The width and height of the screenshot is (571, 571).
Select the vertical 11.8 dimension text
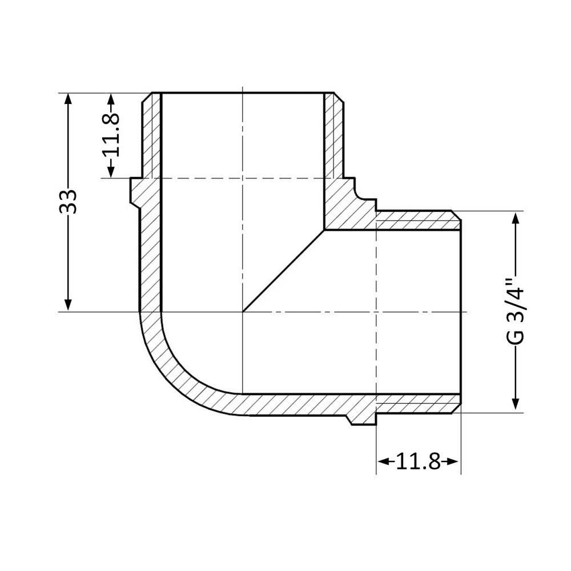click(111, 135)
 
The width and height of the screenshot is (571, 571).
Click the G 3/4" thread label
click(516, 311)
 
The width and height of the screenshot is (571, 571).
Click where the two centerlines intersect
click(243, 312)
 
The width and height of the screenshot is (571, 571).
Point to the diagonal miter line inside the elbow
click(284, 271)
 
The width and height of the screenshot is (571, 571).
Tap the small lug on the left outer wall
click(135, 191)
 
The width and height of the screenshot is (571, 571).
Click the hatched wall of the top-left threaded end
click(151, 137)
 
